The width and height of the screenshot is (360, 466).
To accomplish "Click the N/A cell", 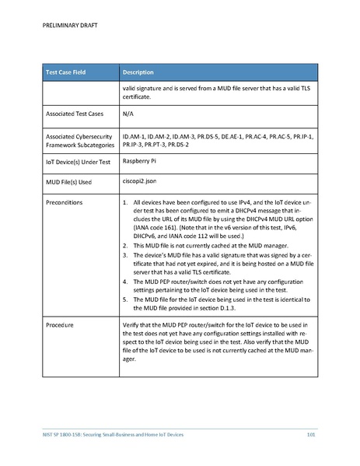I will coord(128,114).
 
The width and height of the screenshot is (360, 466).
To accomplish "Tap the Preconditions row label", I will coord(65,203).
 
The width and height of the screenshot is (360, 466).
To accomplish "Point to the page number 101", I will coord(310,433).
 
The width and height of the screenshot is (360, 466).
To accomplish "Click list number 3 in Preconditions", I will coord(125,254).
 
